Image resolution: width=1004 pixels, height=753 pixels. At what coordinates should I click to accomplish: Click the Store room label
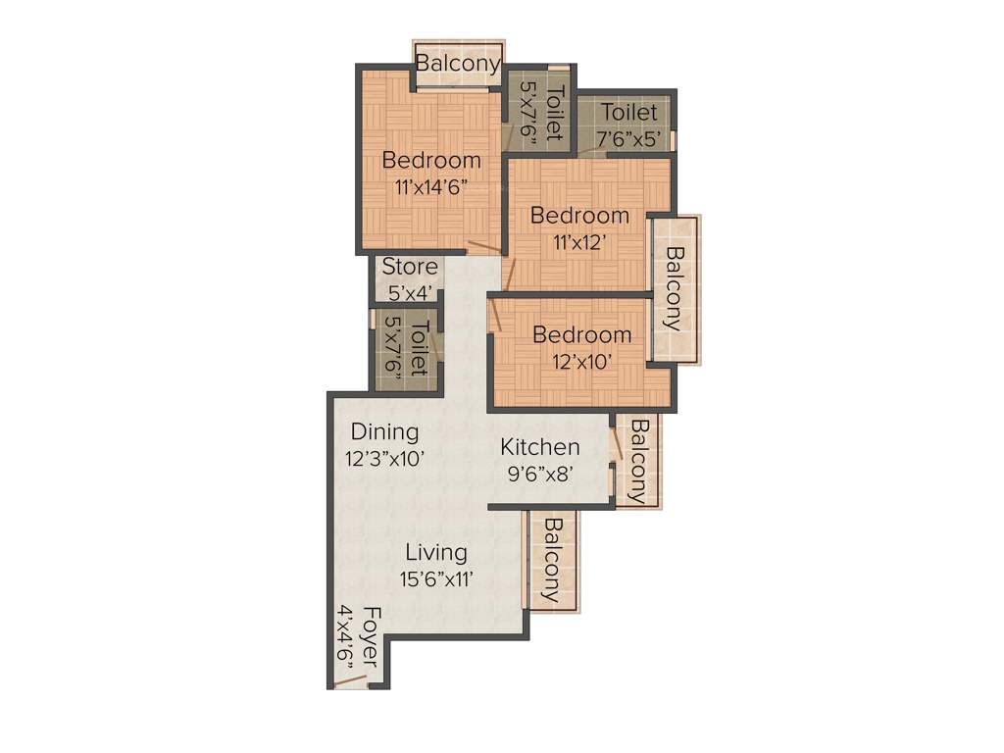(x=410, y=267)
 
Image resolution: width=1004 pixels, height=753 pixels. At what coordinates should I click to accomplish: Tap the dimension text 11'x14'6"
(x=431, y=188)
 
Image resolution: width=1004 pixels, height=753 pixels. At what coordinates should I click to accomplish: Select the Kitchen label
(x=539, y=447)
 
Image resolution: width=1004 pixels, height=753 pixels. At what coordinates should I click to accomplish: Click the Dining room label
(x=384, y=431)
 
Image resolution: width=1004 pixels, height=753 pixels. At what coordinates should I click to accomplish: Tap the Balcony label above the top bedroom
(x=458, y=63)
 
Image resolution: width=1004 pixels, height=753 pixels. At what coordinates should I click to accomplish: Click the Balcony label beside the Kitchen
(x=639, y=461)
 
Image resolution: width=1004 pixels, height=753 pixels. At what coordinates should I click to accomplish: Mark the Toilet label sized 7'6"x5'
(x=629, y=112)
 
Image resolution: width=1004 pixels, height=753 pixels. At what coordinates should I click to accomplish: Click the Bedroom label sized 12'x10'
(x=581, y=335)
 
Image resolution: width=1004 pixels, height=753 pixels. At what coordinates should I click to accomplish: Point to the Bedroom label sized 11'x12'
(x=579, y=216)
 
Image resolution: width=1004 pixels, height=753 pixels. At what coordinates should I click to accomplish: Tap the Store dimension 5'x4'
(x=410, y=292)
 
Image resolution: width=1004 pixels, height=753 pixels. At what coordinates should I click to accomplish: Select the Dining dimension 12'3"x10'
(x=384, y=458)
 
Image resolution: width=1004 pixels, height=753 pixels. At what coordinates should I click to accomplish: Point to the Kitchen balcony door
(x=614, y=447)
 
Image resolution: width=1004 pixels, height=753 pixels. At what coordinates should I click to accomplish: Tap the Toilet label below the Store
(x=419, y=348)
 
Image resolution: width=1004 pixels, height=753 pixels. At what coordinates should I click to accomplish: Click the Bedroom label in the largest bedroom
(x=431, y=160)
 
